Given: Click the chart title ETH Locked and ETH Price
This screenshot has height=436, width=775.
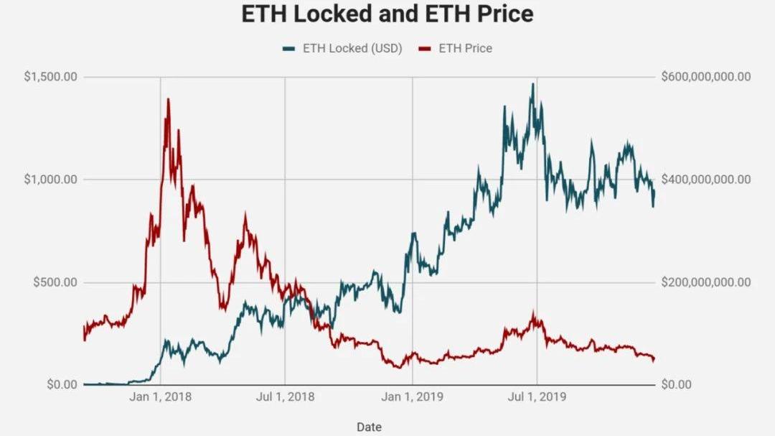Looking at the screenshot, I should click(x=387, y=14).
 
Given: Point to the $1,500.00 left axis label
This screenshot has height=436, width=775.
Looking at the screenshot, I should click(x=50, y=77).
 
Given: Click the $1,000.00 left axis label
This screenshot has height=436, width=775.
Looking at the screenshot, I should click(x=50, y=180).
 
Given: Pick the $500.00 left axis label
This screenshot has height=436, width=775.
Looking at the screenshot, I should click(x=55, y=282).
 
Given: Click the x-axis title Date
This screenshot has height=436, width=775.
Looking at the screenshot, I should click(x=369, y=427).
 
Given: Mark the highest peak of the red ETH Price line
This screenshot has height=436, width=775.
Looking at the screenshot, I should click(x=168, y=99).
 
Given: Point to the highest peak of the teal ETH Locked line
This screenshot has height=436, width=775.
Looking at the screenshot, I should click(x=532, y=84).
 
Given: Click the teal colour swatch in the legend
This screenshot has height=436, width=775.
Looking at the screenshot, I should click(x=289, y=48).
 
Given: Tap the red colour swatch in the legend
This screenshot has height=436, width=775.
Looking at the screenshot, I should click(x=425, y=48).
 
